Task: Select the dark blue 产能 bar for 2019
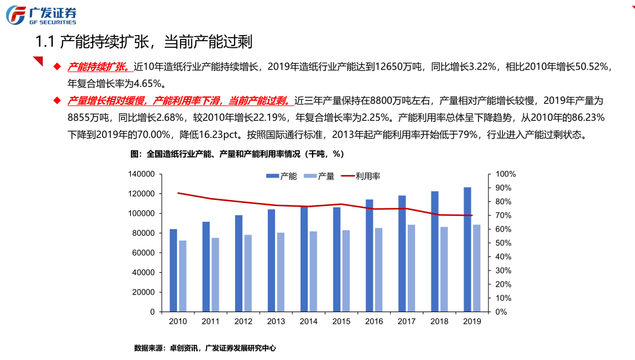click(x=467, y=249)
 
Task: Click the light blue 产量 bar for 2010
click(x=182, y=276)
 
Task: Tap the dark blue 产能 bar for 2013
click(x=271, y=260)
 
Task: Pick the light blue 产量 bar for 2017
click(x=411, y=268)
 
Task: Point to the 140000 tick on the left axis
click(x=141, y=175)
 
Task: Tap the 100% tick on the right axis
click(x=506, y=175)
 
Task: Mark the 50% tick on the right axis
click(x=505, y=243)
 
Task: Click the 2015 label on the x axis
click(x=341, y=322)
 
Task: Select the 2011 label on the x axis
click(x=210, y=322)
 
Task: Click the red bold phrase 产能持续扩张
click(x=97, y=67)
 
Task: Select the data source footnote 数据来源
click(x=150, y=348)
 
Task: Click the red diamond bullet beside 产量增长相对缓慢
click(x=57, y=100)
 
